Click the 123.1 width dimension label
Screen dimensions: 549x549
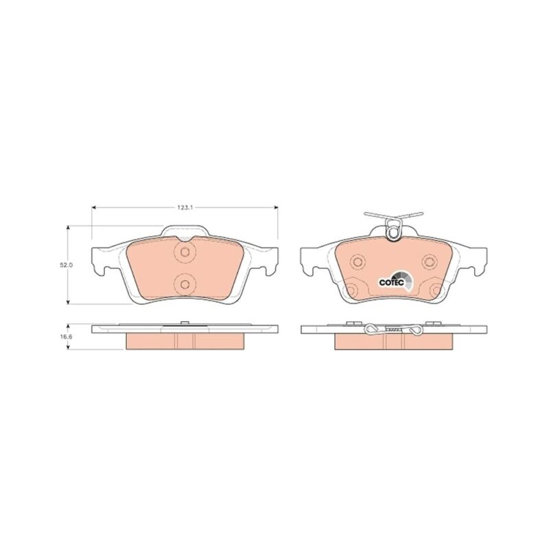[x=185, y=208]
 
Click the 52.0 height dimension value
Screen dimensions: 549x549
[x=66, y=265]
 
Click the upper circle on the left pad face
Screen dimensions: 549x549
[x=185, y=251]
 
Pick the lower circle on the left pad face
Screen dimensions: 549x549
[x=185, y=284]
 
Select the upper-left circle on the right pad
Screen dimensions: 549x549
[x=358, y=261]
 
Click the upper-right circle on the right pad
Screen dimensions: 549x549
[x=430, y=261]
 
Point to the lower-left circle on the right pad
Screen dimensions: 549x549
[x=351, y=290]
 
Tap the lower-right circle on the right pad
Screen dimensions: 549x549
[x=436, y=290]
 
